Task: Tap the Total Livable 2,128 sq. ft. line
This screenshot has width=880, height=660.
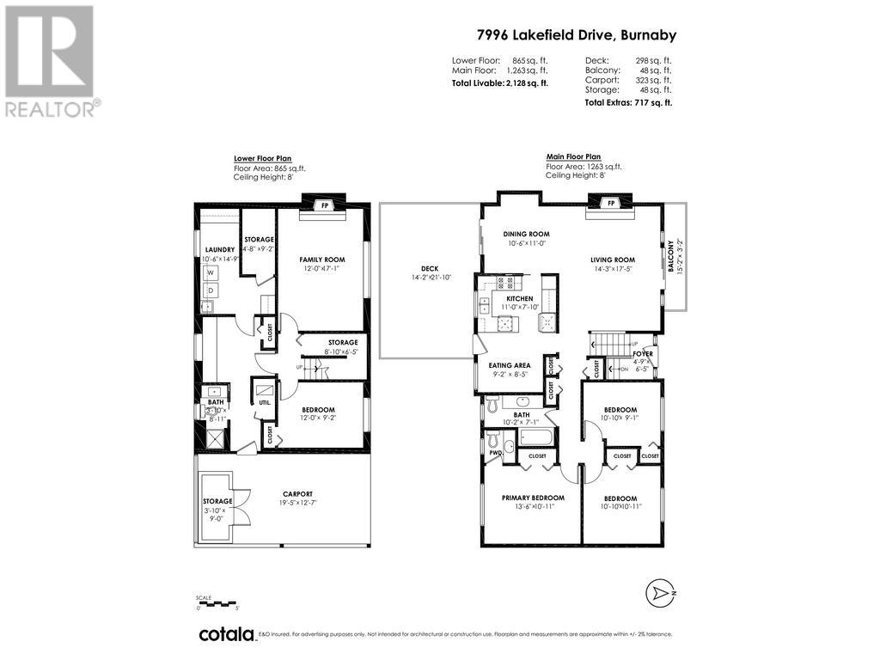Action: point(500,82)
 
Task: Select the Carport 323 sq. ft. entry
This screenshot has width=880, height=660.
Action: point(628,79)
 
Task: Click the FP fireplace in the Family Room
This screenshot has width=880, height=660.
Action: point(324,205)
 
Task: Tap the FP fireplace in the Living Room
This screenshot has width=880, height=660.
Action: point(611,204)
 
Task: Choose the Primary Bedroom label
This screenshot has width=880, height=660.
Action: point(533,498)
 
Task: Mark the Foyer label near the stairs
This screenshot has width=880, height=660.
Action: point(642,354)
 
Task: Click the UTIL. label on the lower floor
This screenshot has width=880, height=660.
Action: point(264,402)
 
